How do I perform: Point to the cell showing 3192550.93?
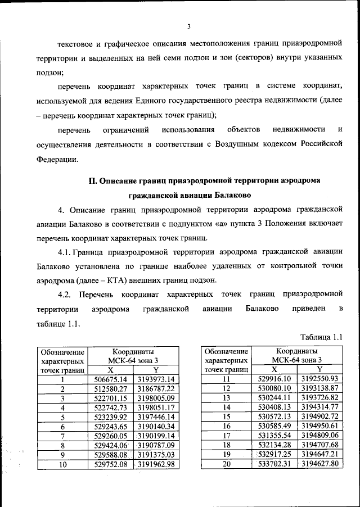319,379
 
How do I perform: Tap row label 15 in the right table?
227,417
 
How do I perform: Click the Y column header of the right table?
319,369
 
